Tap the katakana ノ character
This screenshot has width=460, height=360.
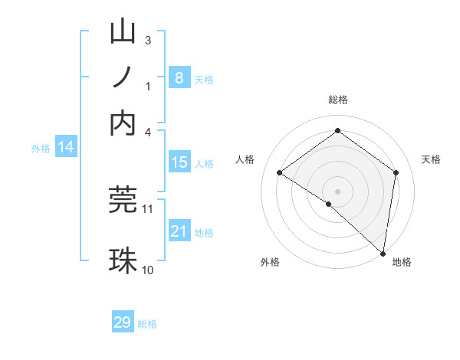click(123, 77)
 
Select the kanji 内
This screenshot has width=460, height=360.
click(123, 123)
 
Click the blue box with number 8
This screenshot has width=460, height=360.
click(179, 77)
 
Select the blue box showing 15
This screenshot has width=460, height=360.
click(179, 162)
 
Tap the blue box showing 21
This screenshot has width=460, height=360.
click(179, 231)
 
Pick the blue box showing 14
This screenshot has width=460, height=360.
click(65, 147)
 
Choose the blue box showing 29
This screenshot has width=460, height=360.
click(123, 322)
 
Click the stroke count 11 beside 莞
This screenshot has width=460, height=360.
click(148, 208)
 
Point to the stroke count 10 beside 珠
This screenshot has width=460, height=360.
click(148, 270)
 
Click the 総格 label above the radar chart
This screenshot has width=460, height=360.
click(337, 100)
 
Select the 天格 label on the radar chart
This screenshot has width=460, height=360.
click(431, 159)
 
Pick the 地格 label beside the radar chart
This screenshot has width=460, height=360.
click(402, 262)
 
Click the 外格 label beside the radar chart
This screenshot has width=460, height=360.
click(270, 262)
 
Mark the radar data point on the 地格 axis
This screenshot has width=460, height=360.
click(383, 253)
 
